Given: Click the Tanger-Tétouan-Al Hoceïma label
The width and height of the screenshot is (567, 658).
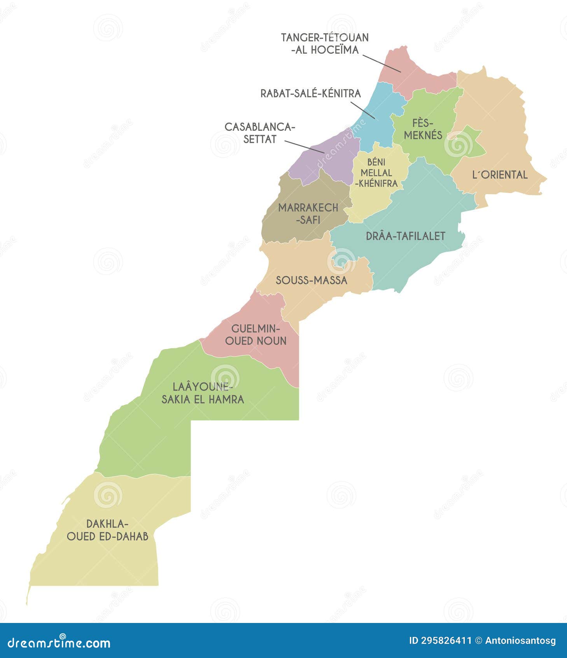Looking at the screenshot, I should tap(324, 44).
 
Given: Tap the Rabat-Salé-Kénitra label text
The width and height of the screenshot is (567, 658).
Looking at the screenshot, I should tap(310, 93).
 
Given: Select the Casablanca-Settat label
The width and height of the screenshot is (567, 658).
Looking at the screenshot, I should tap(260, 133).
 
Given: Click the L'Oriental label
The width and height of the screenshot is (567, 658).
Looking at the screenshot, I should tap(500, 175).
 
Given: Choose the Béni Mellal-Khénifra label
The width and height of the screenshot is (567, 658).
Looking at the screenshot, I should tap(376, 172).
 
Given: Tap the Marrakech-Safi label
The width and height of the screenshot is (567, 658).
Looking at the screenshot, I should tap(308, 213).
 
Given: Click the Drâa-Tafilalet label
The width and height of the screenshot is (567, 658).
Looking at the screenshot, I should tap(405, 236).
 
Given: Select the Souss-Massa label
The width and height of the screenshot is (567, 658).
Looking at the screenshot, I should tap(311, 280).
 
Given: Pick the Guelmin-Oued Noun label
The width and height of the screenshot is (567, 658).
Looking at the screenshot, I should tap(255, 334).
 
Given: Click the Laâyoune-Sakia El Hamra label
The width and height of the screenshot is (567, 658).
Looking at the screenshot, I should tap(203, 393).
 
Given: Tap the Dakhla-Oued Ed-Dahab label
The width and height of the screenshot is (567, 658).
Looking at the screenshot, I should tap(107, 530).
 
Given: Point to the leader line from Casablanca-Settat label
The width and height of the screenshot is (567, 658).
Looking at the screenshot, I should tap(304, 147).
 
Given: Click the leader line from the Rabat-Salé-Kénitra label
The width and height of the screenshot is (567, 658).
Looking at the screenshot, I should tap(362, 110).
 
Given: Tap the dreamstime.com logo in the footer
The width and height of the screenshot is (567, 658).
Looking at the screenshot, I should tap(59, 642).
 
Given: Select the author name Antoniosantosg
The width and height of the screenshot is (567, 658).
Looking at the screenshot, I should tap(520, 641).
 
